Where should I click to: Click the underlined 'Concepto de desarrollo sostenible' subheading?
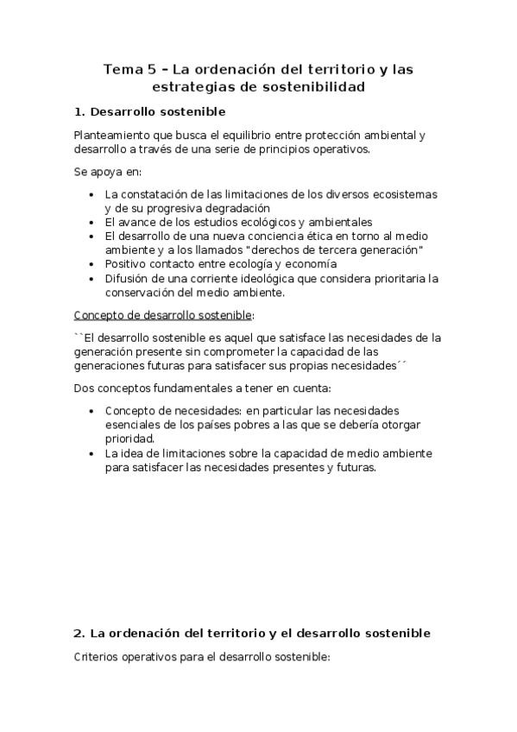(x=164, y=314)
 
